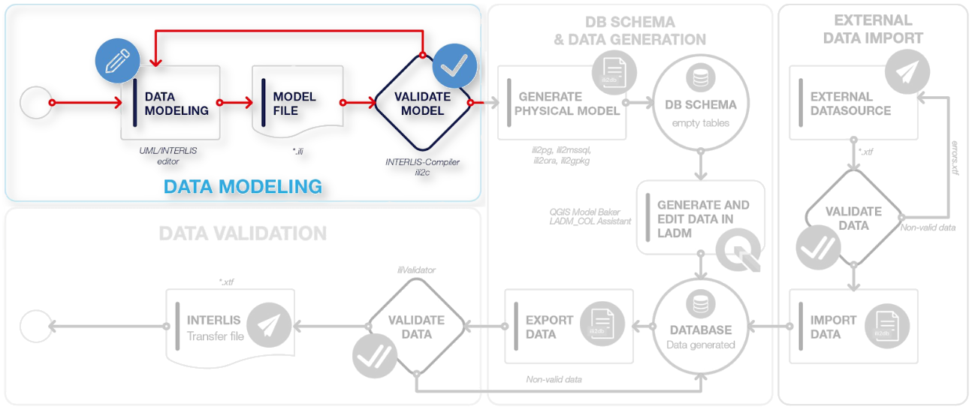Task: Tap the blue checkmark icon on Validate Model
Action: [x=454, y=67]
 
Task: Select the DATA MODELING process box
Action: [x=171, y=103]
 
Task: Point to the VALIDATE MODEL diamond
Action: [x=421, y=104]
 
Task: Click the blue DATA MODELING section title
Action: [x=243, y=186]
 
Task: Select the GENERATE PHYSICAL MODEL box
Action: [x=560, y=103]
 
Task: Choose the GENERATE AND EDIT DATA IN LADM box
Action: [x=699, y=218]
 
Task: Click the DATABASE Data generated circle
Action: [x=700, y=327]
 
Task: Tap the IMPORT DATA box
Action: [x=853, y=327]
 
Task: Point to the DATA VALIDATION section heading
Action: [x=243, y=234]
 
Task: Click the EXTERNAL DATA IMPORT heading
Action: [x=872, y=29]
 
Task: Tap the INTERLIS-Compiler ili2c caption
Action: [x=421, y=167]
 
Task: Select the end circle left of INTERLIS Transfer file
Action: [x=35, y=326]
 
